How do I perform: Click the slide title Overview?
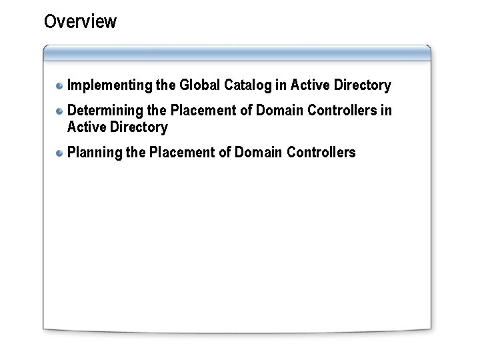tap(80, 22)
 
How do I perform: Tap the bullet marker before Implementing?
tap(60, 86)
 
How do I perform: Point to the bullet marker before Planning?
tap(60, 153)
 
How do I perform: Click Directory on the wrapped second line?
tap(140, 127)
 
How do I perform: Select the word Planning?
tap(95, 153)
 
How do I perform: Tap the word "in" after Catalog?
tap(281, 85)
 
